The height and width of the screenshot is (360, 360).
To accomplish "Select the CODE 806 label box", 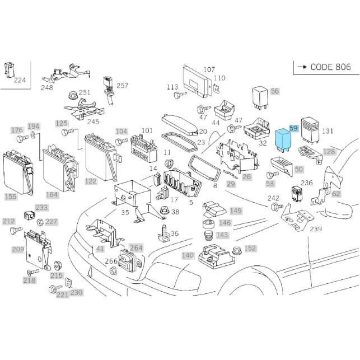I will coord(324,67).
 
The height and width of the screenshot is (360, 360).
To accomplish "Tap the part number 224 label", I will coord(20,80).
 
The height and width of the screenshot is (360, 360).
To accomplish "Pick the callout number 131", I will coord(328,131).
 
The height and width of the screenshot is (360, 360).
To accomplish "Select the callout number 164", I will coord(52,195).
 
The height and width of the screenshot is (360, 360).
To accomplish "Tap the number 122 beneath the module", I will coord(91,181).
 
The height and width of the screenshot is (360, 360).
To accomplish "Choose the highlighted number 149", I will coord(236,211).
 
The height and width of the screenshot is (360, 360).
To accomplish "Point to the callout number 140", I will coord(187,255).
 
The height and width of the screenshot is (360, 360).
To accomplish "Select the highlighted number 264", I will coord(136,247).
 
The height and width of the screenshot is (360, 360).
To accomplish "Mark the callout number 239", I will coord(316,229).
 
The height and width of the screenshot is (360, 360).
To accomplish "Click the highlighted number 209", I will coord(17,249).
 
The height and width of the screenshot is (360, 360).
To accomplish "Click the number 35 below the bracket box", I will coord(124,212).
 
